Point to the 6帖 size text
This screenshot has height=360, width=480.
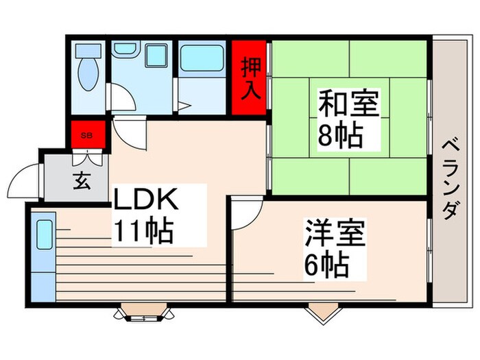coord(326,263)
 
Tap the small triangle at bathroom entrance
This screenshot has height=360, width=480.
coord(184,106)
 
